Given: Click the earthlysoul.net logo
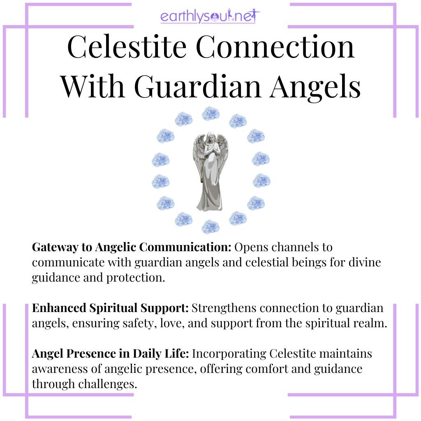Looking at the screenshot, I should [210, 17].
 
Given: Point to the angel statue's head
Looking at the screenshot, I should [210, 137].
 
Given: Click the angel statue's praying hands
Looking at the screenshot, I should [210, 154].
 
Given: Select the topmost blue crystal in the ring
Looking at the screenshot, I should [210, 113].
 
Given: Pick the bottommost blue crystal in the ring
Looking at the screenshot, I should [210, 227].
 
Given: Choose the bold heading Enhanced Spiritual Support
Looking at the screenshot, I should [111, 308].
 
